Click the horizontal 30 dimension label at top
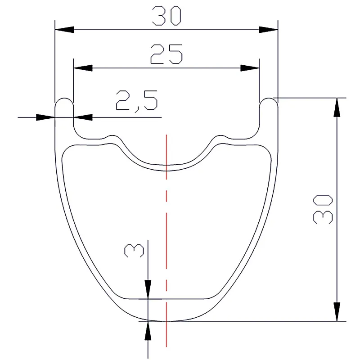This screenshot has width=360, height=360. coord(166,16)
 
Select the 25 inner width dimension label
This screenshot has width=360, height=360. coord(166,54)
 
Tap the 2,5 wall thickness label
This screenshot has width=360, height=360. coord(137,100)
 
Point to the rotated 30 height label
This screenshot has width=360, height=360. coord(323,209)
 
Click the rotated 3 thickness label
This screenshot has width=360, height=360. coord(134,251)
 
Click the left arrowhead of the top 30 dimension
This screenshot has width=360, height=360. coord(64,30)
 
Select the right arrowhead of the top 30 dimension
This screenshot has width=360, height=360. coord(268,30)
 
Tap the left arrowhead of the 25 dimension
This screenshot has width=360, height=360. coord(83,68)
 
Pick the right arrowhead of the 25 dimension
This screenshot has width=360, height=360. coord(250,68)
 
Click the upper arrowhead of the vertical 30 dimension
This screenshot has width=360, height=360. coord(337,108)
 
